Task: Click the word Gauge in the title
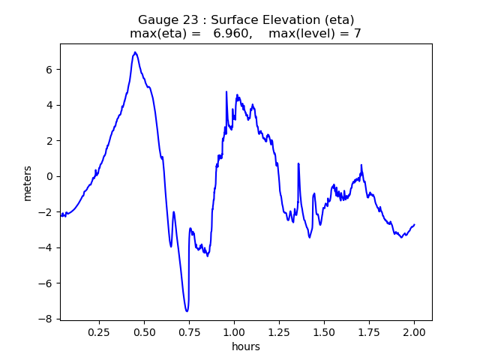[x=155, y=19]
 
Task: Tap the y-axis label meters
[x=28, y=182]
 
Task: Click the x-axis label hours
[x=246, y=346]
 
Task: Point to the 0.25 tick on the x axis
[x=99, y=331]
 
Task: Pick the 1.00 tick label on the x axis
[x=234, y=331]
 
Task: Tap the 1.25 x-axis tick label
[x=279, y=331]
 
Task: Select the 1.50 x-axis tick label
[x=324, y=331]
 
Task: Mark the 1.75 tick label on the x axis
[x=369, y=331]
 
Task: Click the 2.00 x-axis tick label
[x=414, y=331]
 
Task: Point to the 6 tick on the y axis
[x=48, y=69]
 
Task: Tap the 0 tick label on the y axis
[x=48, y=176]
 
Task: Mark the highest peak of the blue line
[x=135, y=52]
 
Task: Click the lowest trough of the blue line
[x=187, y=310]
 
